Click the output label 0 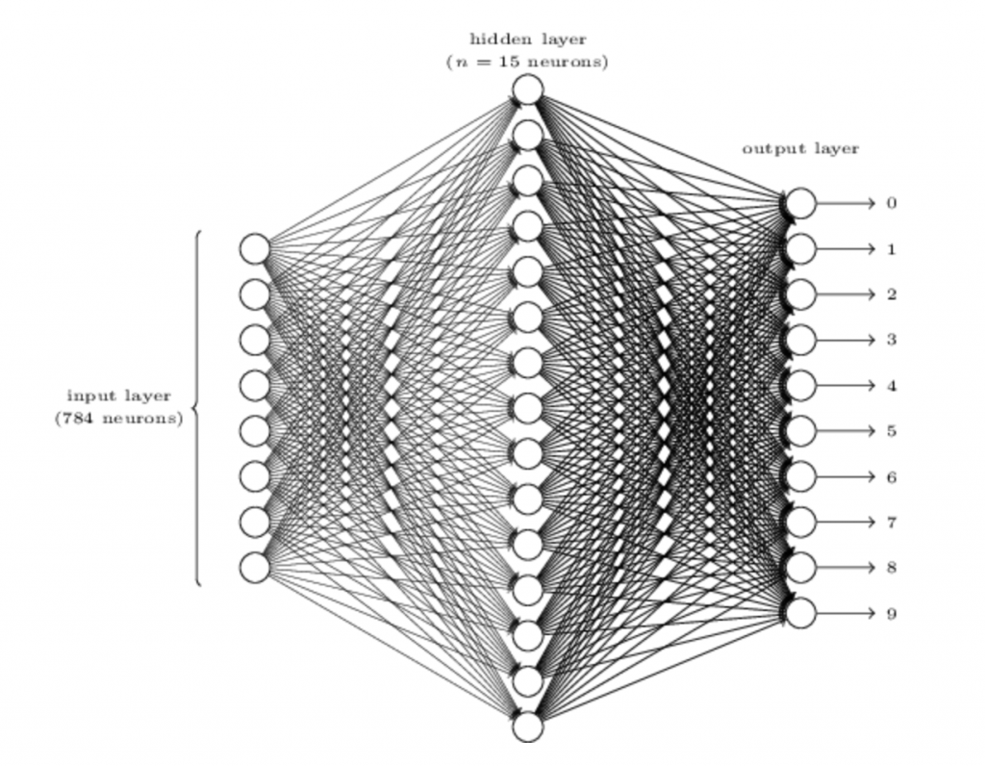click(891, 204)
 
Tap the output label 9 click(891, 613)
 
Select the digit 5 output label click(891, 431)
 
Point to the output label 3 click(891, 340)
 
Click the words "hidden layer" click(527, 39)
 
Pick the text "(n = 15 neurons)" click(527, 63)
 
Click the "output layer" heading click(800, 149)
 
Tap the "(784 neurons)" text click(118, 419)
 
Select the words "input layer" click(118, 396)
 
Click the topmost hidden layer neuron click(527, 89)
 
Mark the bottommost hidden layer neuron click(527, 727)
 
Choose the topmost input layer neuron click(255, 248)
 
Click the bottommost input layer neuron click(255, 568)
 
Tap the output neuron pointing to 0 click(800, 204)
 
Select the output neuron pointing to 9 click(800, 613)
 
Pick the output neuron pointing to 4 click(800, 386)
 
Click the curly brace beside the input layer click(196, 408)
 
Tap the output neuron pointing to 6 click(800, 476)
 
